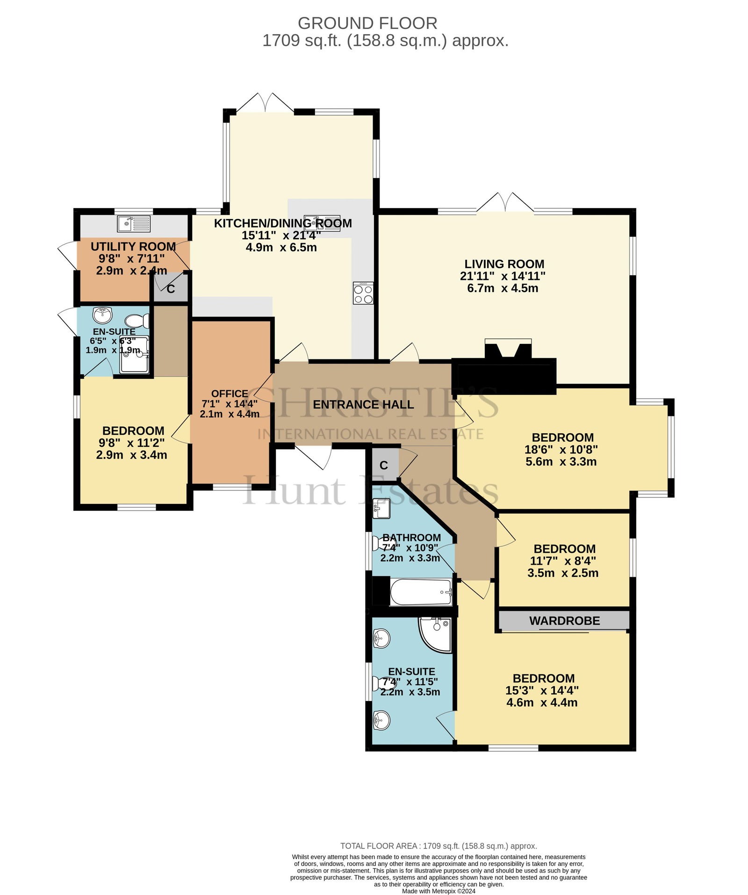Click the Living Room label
point(504,264)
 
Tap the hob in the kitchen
point(363,293)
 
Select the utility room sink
point(134,224)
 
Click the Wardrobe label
point(564,621)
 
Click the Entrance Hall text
point(363,404)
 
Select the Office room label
point(230,394)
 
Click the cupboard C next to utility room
point(171,288)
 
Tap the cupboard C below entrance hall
point(384,465)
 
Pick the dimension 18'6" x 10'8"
point(561,450)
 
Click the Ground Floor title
point(367,23)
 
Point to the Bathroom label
point(411,537)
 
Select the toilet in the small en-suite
point(137,321)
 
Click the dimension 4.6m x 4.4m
point(542,702)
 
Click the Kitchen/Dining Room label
point(283,223)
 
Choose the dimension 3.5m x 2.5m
point(563,573)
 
